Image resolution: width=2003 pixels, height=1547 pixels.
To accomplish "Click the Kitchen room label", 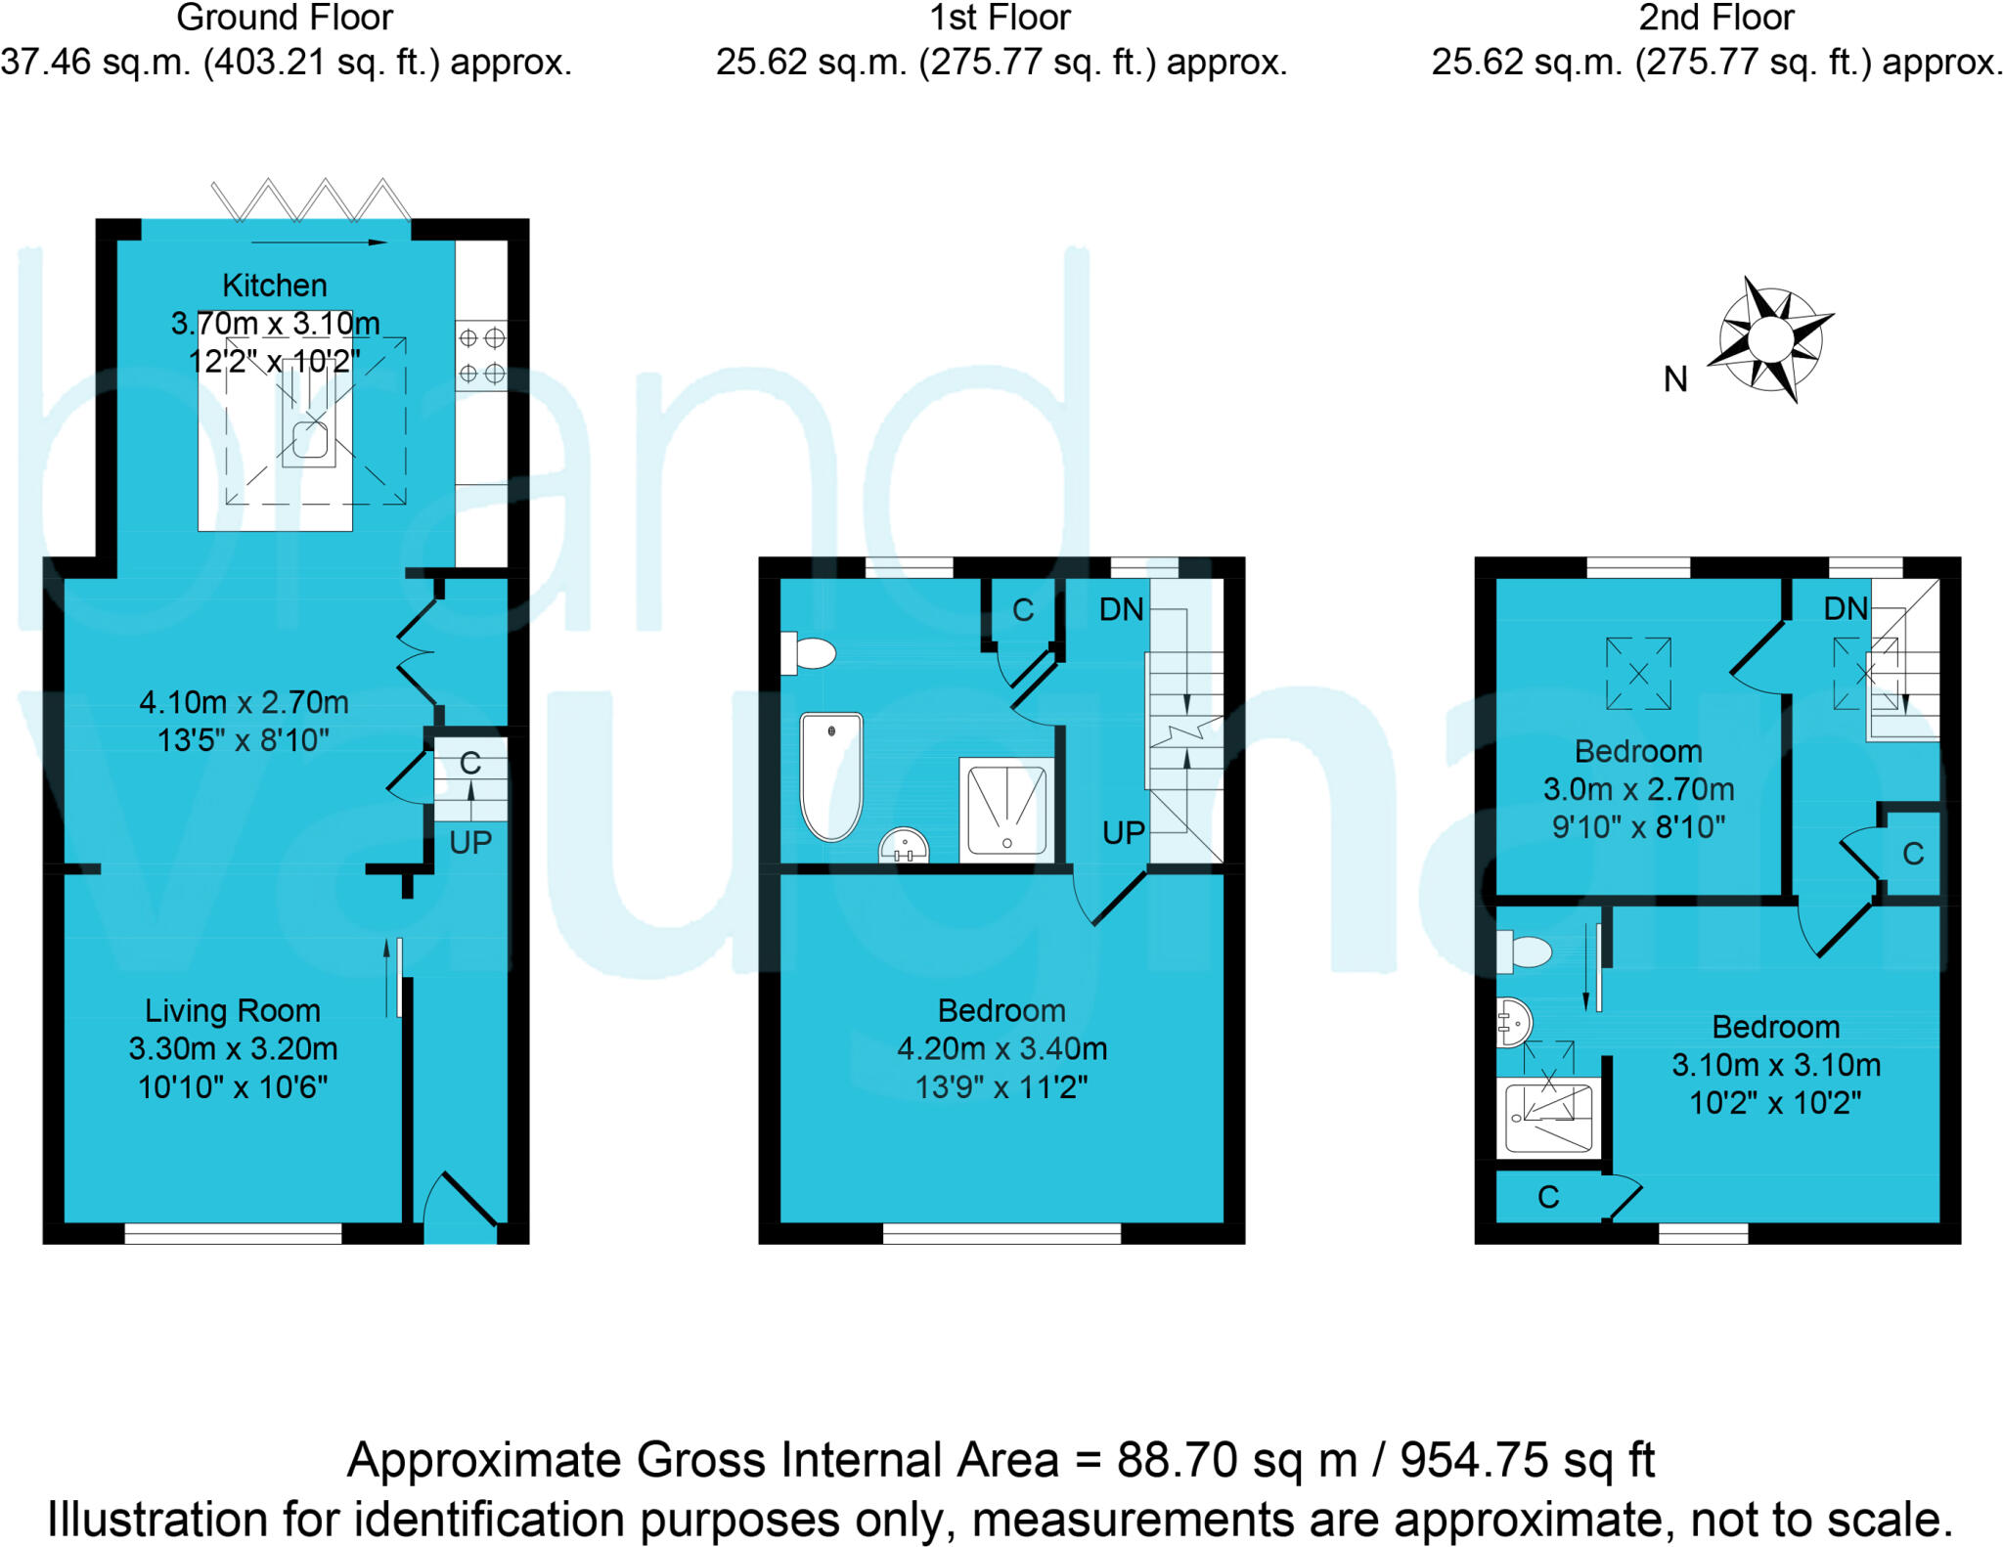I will (274, 286).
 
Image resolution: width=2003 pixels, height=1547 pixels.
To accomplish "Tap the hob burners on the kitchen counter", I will (481, 356).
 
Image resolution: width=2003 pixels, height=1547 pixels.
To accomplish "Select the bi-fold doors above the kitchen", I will (311, 200).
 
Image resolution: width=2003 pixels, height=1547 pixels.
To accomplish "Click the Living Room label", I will (233, 1010).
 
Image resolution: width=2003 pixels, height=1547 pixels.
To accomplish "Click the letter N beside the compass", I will (1675, 379).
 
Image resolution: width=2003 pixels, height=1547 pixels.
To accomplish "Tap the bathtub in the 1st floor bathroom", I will (831, 776).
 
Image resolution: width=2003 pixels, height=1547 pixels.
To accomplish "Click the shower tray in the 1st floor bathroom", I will (1006, 810).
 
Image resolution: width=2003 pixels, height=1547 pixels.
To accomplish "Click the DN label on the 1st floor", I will (1121, 610).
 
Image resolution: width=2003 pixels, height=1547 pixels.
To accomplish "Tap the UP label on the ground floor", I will (470, 842).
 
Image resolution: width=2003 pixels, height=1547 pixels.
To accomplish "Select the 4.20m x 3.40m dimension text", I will (1001, 1048).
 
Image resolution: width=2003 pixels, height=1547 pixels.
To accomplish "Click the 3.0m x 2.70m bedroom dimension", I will (1638, 789).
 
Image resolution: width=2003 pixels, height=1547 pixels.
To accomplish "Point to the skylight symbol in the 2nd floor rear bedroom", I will (1638, 674).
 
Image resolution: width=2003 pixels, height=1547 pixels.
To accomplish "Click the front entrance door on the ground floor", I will (461, 1204).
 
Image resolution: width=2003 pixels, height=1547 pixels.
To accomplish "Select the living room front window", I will (233, 1235).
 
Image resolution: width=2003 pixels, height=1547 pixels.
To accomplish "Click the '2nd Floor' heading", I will (1716, 18).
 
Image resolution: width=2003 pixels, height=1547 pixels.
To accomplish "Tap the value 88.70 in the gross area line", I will (1180, 1460).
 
